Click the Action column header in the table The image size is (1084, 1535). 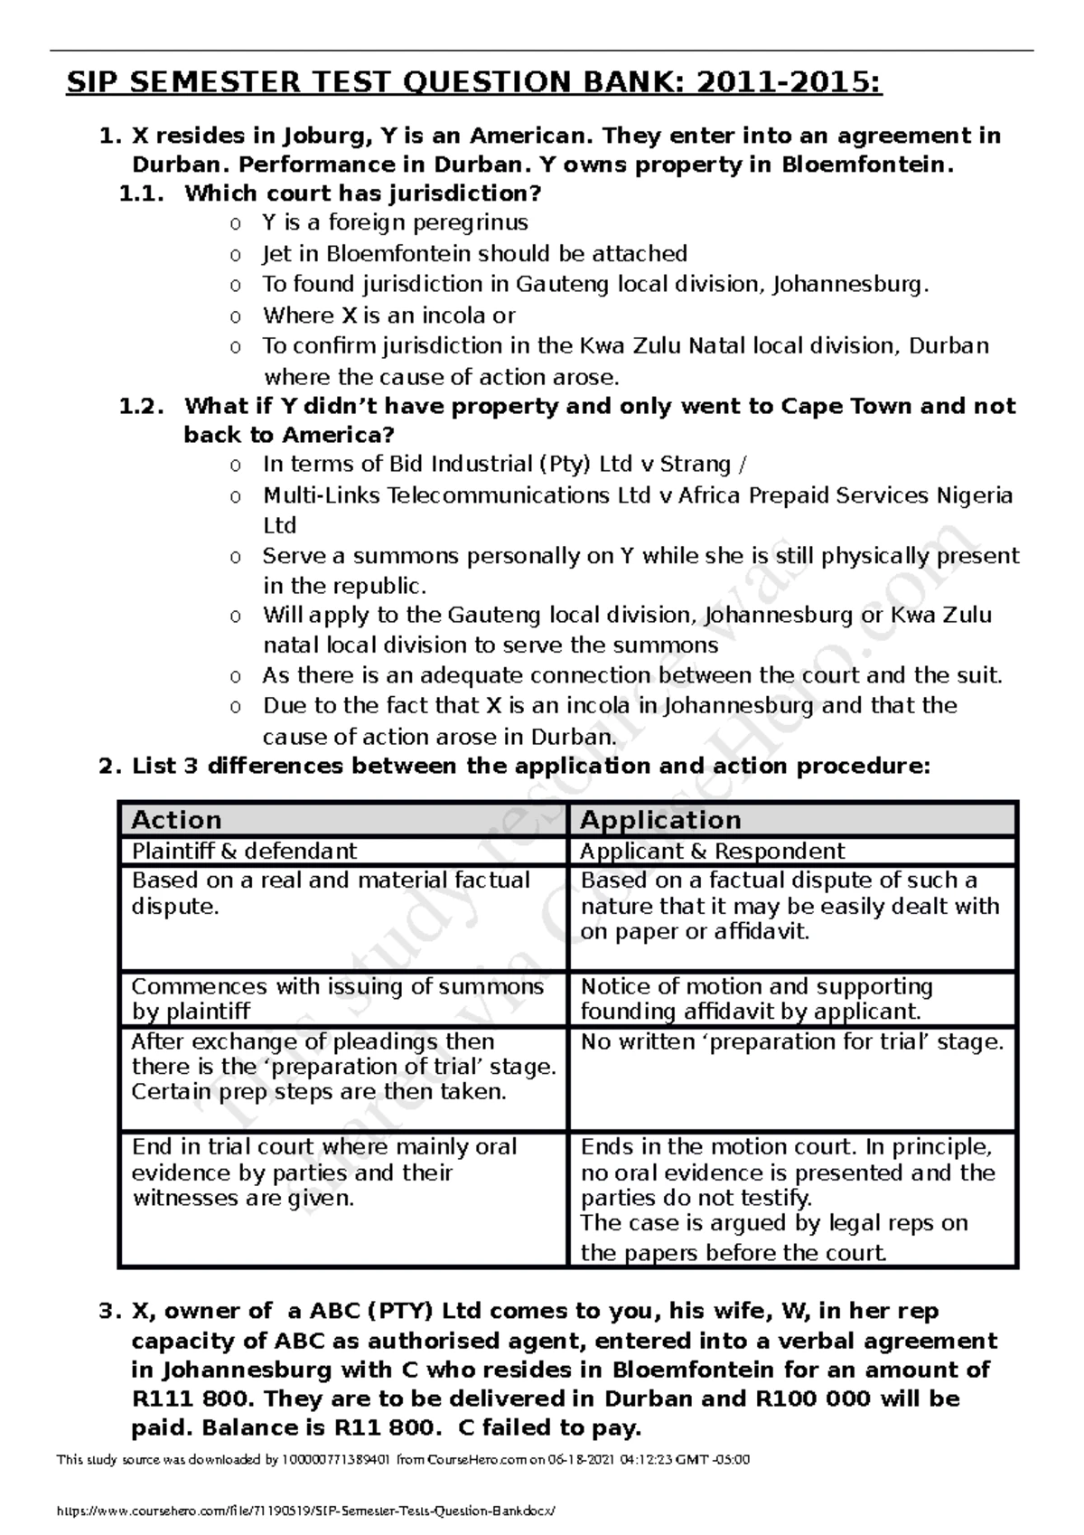pyautogui.click(x=177, y=820)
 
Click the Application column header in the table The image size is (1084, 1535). pyautogui.click(x=660, y=820)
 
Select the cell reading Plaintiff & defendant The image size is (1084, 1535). pyautogui.click(x=244, y=851)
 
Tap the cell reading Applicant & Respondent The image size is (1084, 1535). pyautogui.click(x=712, y=851)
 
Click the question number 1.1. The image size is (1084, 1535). pyautogui.click(x=142, y=193)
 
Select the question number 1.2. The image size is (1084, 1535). pyautogui.click(x=142, y=407)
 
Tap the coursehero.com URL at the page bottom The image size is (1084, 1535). pyautogui.click(x=307, y=1511)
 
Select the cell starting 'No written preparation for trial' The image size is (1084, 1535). pyautogui.click(x=791, y=1042)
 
